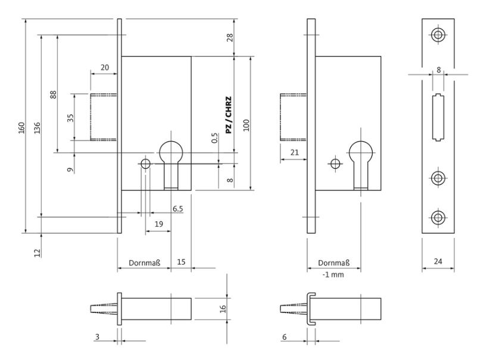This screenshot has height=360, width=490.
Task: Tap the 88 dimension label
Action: pos(53,94)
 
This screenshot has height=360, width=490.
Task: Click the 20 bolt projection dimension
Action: pos(105,68)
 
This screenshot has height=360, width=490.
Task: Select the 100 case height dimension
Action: pos(246,124)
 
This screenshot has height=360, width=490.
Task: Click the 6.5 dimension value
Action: pos(177,209)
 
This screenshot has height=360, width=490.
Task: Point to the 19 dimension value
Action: pos(158,224)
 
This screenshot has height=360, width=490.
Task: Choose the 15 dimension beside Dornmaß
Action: pos(182,261)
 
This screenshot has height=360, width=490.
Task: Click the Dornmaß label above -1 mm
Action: pos(333,262)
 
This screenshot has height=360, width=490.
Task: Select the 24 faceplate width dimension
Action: pos(438,261)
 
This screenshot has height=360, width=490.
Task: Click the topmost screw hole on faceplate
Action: pos(438,35)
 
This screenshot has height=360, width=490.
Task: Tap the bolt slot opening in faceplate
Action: pos(438,117)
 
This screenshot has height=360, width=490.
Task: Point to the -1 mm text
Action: pos(333,275)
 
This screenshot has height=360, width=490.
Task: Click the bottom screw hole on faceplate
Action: pos(438,217)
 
